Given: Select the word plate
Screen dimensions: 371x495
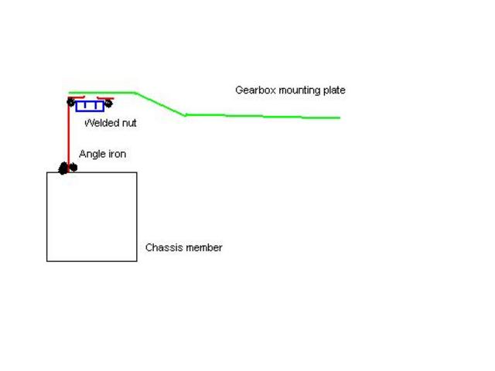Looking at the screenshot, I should [334, 91].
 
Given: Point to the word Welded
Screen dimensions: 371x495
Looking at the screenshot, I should [101, 122].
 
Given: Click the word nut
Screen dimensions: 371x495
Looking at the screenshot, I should [128, 123].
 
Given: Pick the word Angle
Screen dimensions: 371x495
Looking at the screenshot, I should [91, 154].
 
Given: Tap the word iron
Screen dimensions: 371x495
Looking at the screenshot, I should [116, 154].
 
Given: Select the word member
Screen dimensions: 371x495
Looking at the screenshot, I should [203, 247].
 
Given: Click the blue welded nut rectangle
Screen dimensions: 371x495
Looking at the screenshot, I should [89, 106].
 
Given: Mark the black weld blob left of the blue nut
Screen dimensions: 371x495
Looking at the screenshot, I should [71, 102].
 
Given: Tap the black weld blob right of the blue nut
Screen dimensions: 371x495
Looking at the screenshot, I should [108, 103].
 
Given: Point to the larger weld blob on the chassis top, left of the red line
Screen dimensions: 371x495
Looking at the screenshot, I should [63, 168].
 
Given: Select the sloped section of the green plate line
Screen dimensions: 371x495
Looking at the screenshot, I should [161, 104].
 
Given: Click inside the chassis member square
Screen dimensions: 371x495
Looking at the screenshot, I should [91, 216].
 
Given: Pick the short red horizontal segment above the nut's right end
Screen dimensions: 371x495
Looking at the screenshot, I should [105, 98].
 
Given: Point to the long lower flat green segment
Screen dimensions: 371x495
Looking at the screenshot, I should [263, 116].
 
